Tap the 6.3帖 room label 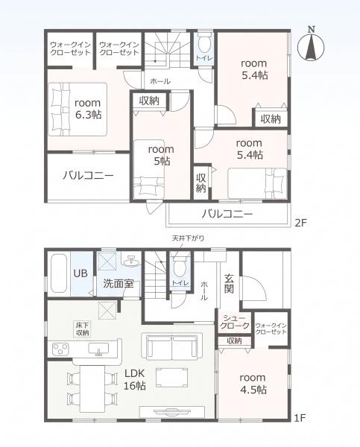click(88, 109)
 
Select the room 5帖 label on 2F click(161, 156)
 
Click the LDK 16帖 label click(134, 379)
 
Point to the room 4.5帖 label click(253, 384)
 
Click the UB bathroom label click(80, 273)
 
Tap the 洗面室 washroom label click(118, 283)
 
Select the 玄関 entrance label click(229, 284)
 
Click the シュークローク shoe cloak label click(235, 322)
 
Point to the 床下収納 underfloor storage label click(83, 329)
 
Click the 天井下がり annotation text click(188, 238)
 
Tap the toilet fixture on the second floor click(204, 42)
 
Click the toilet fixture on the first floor click(180, 266)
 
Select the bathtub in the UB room click(59, 273)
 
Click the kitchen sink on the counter click(98, 349)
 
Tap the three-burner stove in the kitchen click(60, 349)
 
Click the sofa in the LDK click(172, 346)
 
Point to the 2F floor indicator click(300, 223)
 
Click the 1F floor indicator click(300, 418)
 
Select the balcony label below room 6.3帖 click(88, 175)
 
